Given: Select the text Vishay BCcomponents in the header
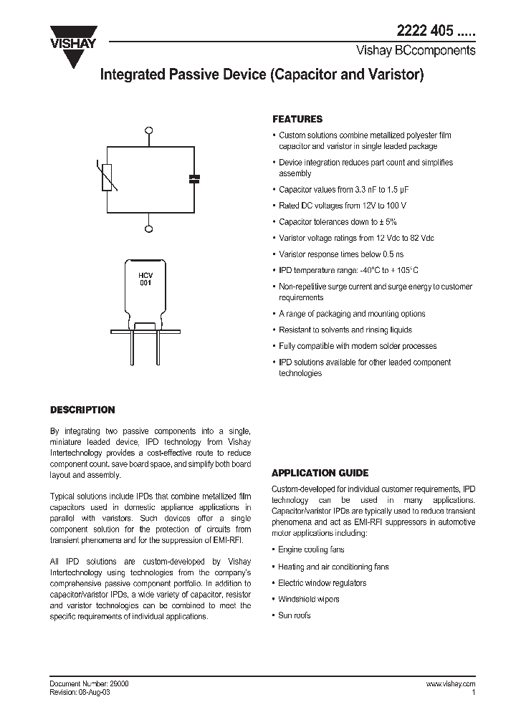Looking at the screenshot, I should (416, 52).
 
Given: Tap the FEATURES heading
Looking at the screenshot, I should (297, 120).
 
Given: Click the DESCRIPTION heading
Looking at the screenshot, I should (82, 410).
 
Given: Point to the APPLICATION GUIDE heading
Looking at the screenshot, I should (320, 473).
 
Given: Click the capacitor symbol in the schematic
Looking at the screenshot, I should (192, 179).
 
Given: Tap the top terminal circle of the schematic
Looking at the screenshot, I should (149, 130).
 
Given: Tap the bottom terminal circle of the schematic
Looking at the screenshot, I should (149, 229).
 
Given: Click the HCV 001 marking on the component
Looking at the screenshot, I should (145, 278).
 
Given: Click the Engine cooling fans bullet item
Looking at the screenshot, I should (311, 549).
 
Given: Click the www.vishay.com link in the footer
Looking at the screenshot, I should (450, 684).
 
